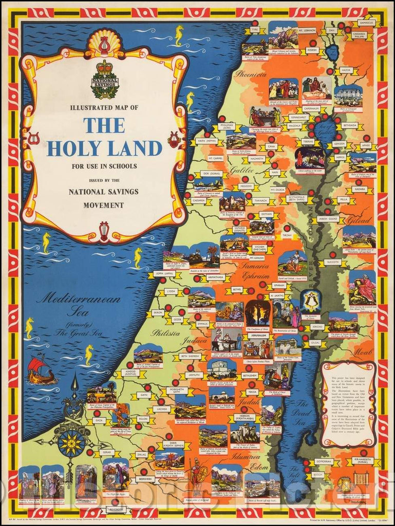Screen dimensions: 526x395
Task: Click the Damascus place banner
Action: pos(366,23)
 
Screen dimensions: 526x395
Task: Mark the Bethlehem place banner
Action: pos(249,376)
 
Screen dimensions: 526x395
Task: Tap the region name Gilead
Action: pos(359,220)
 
